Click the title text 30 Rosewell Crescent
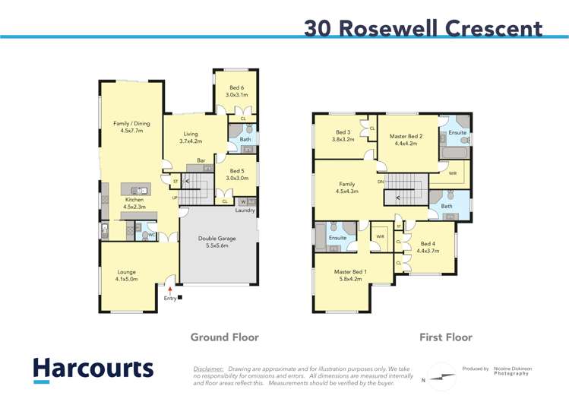coord(423,28)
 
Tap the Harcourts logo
coord(93,370)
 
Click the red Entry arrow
coord(170,289)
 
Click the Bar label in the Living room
coord(201,160)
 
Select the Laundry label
coord(245,210)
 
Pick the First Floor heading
coord(446,337)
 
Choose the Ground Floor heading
coord(224,337)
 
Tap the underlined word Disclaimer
coord(208,368)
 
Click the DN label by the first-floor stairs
coord(380,182)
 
